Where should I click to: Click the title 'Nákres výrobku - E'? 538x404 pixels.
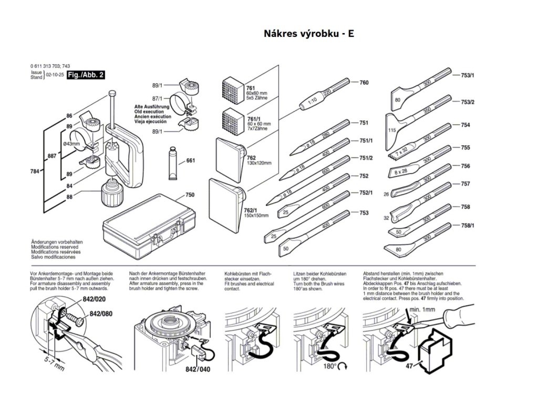coord(309,34)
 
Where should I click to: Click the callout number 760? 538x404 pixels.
coord(364,83)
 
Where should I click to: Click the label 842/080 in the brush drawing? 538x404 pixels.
coord(101,314)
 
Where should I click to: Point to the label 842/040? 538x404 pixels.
coord(198,369)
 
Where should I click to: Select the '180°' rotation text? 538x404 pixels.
coord(330,366)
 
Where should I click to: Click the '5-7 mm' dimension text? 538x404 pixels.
coord(54,363)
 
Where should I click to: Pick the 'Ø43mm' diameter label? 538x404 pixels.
coord(71,144)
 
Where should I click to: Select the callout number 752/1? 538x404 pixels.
coord(366,193)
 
